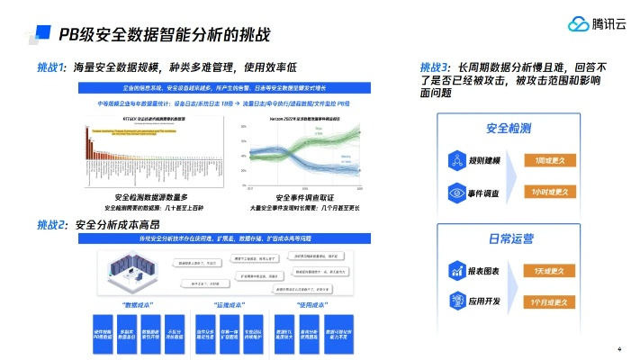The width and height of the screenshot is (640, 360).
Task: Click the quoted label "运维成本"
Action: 231,305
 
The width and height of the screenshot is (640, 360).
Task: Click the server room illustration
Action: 125,269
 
